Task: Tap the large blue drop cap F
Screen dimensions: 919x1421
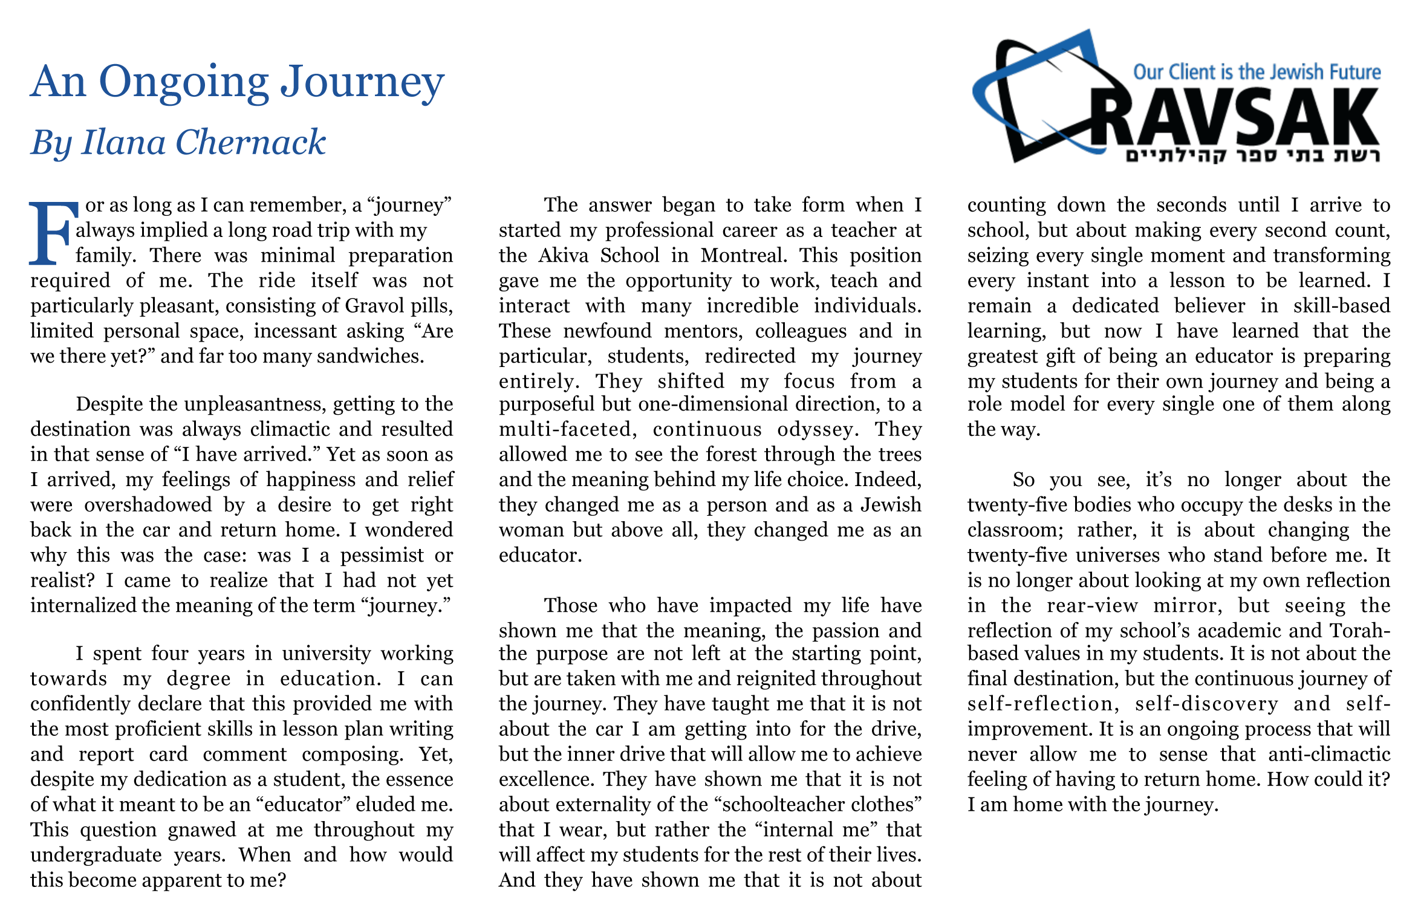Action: (x=53, y=233)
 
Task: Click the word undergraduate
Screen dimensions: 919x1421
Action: (x=96, y=855)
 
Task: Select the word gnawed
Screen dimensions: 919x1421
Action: (x=201, y=830)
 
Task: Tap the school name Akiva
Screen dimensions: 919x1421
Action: (x=563, y=255)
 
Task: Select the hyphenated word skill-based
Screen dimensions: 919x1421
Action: (x=1341, y=306)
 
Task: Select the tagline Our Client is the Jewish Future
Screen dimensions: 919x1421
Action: (x=1257, y=72)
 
